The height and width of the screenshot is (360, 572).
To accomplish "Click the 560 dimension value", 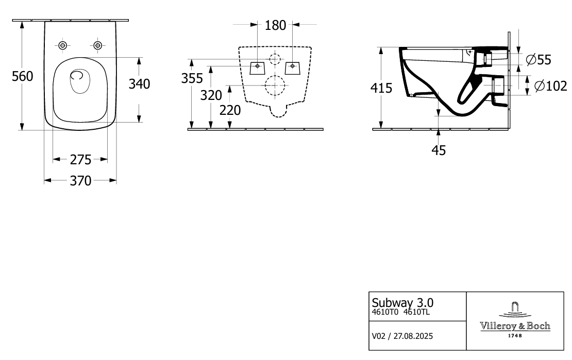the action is tap(22, 76).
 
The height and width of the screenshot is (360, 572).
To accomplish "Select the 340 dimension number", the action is tap(139, 84).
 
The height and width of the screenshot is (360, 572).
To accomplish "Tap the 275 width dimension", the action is tap(80, 159).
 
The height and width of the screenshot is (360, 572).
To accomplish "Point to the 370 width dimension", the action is tap(80, 181).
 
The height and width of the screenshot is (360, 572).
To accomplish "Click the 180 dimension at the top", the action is tap(275, 25).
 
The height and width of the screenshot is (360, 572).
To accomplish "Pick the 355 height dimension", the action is tap(192, 78).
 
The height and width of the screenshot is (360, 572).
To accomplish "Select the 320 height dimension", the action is tap(211, 95).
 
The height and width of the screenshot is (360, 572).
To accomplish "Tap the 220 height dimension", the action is tap(230, 110).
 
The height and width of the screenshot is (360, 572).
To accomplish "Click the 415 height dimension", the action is tap(381, 88).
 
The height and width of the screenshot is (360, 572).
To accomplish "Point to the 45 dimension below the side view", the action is tap(439, 150).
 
